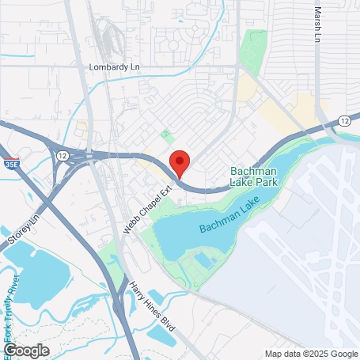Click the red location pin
point(180,161)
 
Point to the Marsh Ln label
point(318,25)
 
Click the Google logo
point(27,350)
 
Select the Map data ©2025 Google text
point(310,354)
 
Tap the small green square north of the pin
point(166,135)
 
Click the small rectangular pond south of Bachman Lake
point(203,260)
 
